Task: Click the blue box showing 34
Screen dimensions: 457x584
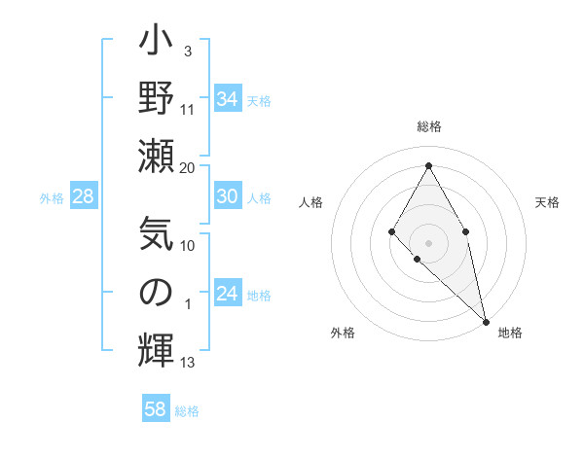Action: pos(227,99)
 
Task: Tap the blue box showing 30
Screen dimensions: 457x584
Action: pos(227,196)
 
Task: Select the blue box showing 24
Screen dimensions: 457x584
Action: pos(227,294)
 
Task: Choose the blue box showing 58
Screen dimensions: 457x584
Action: pos(156,409)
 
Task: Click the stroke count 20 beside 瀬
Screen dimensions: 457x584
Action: pos(188,168)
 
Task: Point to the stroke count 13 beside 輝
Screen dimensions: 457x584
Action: pos(188,363)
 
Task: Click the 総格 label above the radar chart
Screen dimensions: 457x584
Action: pos(428,126)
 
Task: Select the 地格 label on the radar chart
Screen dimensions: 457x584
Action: pos(510,333)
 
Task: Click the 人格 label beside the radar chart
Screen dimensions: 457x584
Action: pos(310,202)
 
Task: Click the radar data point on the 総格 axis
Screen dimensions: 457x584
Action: pos(428,164)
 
